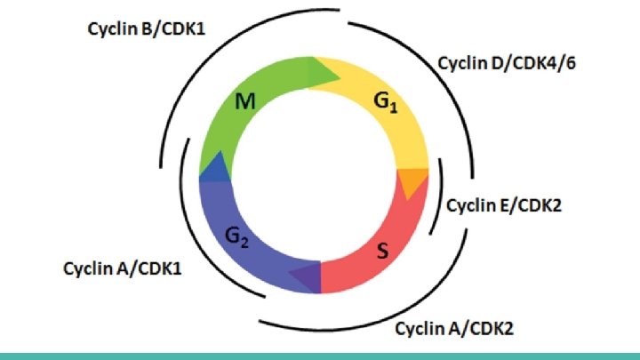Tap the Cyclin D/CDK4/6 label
point(508,64)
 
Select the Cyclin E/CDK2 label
point(503,206)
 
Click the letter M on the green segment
point(246,104)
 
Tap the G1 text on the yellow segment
point(385,104)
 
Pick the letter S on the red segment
point(382,252)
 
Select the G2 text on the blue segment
point(236,236)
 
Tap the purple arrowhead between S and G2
point(305,276)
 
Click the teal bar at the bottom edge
point(320,355)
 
